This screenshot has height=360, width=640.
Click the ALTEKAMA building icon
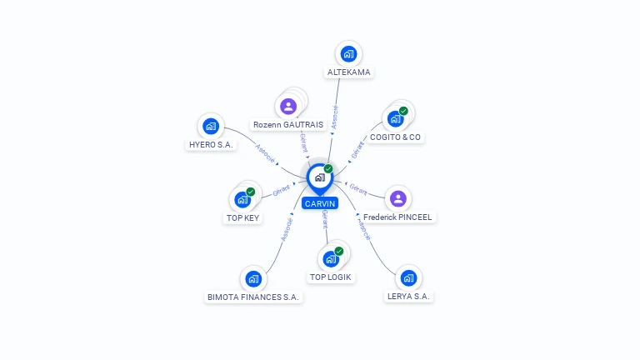click(x=348, y=54)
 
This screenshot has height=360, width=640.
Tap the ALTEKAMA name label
click(x=348, y=72)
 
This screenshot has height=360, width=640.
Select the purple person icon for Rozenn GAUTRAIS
click(x=288, y=107)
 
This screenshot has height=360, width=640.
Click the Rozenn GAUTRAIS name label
click(x=288, y=124)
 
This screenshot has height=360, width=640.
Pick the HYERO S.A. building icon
click(x=211, y=126)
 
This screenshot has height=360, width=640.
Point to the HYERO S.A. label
click(x=211, y=144)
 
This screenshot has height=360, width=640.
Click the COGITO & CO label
click(x=395, y=137)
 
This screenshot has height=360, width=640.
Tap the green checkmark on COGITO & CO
click(x=403, y=111)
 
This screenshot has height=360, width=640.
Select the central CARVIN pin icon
click(x=320, y=179)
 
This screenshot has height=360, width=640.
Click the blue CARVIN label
click(x=320, y=203)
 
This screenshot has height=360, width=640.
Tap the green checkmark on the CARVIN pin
click(x=328, y=168)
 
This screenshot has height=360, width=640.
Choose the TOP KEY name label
click(x=242, y=218)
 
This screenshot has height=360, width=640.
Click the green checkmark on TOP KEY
click(x=250, y=192)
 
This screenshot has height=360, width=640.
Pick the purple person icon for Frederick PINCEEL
click(x=398, y=199)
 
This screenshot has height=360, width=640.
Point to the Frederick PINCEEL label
click(x=397, y=217)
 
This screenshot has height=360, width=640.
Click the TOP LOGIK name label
click(x=330, y=277)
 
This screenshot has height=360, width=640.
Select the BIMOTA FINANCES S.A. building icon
click(x=253, y=279)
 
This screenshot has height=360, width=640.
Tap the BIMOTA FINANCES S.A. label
click(x=253, y=297)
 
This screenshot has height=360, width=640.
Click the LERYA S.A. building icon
click(x=408, y=278)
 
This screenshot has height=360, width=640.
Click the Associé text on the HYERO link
click(x=265, y=153)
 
